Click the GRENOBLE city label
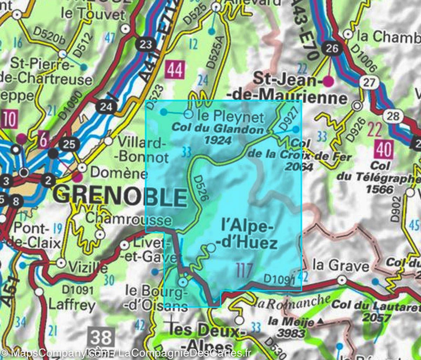point(121,197)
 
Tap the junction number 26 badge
point(332,48)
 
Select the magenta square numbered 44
point(175,70)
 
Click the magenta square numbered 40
point(383,150)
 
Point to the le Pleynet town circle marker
point(188,114)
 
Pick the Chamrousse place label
point(129,220)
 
